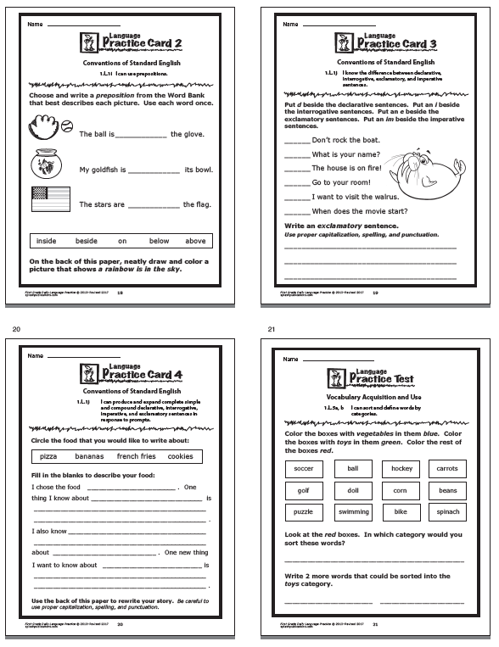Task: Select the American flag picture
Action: pos(49,200)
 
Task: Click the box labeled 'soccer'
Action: pos(304,468)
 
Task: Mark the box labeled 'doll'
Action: pos(351,490)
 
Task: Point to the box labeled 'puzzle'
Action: pos(304,512)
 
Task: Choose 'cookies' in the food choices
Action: pos(180,456)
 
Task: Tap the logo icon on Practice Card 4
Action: pos(87,370)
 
